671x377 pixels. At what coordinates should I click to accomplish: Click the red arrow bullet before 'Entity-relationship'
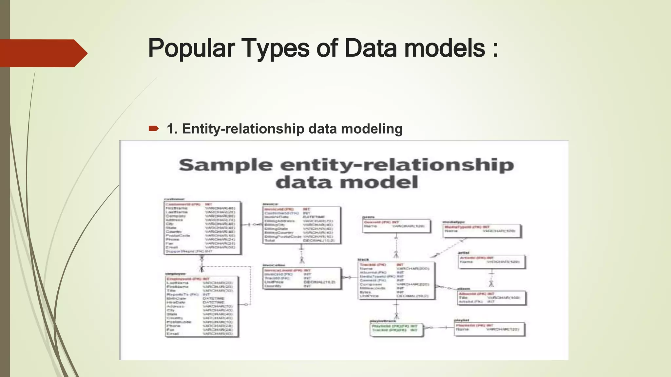153,129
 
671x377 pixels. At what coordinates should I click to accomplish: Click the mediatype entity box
481,231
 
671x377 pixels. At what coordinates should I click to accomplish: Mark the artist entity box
491,261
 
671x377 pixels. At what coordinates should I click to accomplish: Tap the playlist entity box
489,329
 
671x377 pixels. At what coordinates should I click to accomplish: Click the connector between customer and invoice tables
252,224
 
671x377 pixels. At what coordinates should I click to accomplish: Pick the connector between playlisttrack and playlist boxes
438,328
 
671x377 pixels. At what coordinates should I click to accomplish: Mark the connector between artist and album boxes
491,278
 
